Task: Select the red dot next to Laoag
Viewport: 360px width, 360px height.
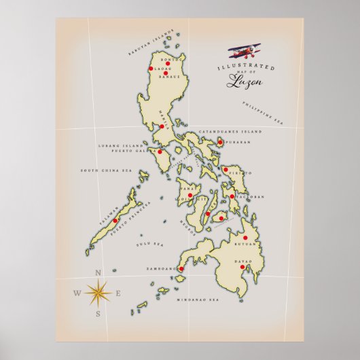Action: point(150,69)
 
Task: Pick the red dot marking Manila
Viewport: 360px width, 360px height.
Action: point(162,126)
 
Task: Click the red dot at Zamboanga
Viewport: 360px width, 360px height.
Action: point(181,269)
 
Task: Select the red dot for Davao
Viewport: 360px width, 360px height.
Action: point(251,268)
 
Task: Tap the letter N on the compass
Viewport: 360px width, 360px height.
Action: point(98,273)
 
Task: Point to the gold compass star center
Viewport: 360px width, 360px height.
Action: point(98,293)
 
